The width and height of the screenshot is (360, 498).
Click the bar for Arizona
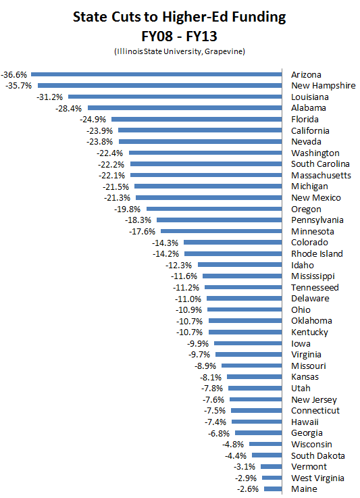[156, 74]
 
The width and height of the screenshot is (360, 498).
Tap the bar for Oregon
[214, 209]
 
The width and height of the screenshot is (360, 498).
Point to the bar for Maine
[273, 489]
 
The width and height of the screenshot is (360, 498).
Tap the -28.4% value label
[69, 108]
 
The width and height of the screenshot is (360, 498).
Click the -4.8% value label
[234, 444]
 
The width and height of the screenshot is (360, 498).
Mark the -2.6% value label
[249, 489]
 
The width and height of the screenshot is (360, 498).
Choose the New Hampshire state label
[323, 86]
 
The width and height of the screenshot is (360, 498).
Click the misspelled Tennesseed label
[315, 287]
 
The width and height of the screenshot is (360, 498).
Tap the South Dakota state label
[317, 455]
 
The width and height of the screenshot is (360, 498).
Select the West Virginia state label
[318, 478]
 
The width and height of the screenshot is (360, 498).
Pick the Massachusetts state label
[321, 175]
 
